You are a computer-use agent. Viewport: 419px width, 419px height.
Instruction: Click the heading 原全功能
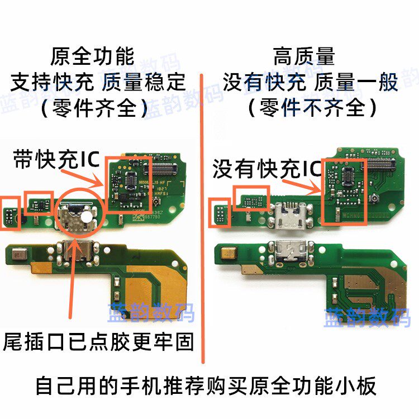92,56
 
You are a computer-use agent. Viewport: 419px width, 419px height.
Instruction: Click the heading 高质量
304,56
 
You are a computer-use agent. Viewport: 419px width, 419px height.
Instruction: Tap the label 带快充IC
56,160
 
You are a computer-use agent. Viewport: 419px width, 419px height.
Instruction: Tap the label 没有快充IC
267,169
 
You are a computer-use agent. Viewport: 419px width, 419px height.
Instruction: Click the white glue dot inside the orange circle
87,217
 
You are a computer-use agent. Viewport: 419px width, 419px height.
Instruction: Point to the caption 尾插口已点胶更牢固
98,342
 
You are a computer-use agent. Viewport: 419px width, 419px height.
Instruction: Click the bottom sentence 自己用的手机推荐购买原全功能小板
206,385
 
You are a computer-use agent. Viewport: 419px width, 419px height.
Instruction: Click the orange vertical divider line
202,218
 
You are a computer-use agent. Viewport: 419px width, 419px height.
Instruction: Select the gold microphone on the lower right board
228,253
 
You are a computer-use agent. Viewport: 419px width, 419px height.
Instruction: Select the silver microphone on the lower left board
20,254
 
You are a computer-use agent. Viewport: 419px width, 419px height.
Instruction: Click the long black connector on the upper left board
160,168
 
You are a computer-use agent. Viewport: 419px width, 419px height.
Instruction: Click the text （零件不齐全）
312,107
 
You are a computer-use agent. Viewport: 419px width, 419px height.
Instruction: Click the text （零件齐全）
94,108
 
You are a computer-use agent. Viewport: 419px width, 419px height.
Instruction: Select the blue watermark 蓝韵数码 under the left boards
151,312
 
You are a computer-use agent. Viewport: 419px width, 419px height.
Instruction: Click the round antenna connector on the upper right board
374,198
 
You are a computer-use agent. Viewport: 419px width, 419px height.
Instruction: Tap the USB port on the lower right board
291,251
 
